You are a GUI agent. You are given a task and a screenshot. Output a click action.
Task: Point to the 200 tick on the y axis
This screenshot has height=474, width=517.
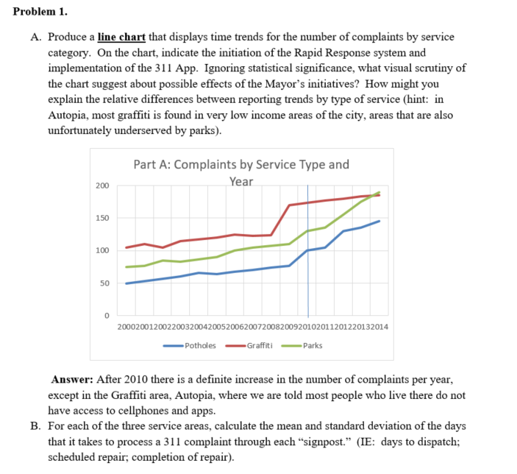(x=101, y=185)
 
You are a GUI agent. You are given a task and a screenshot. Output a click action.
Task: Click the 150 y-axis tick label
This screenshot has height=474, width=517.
(x=101, y=218)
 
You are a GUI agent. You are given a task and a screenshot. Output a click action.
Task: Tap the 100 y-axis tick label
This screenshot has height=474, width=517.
(x=101, y=251)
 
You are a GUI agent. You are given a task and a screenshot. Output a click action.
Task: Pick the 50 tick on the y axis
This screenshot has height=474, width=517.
(x=104, y=283)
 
